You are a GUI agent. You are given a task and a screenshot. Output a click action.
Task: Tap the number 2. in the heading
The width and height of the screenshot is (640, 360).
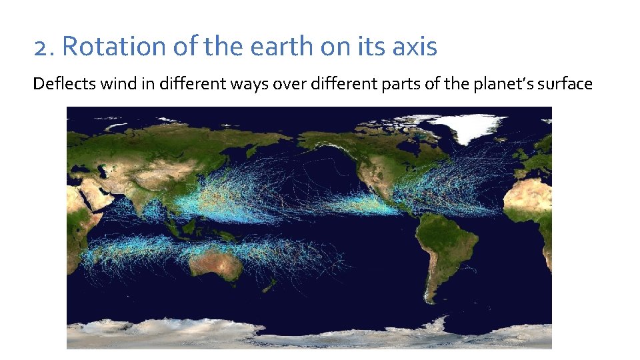tap(44, 47)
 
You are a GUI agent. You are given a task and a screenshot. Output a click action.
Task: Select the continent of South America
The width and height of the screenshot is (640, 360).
tap(443, 247)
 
